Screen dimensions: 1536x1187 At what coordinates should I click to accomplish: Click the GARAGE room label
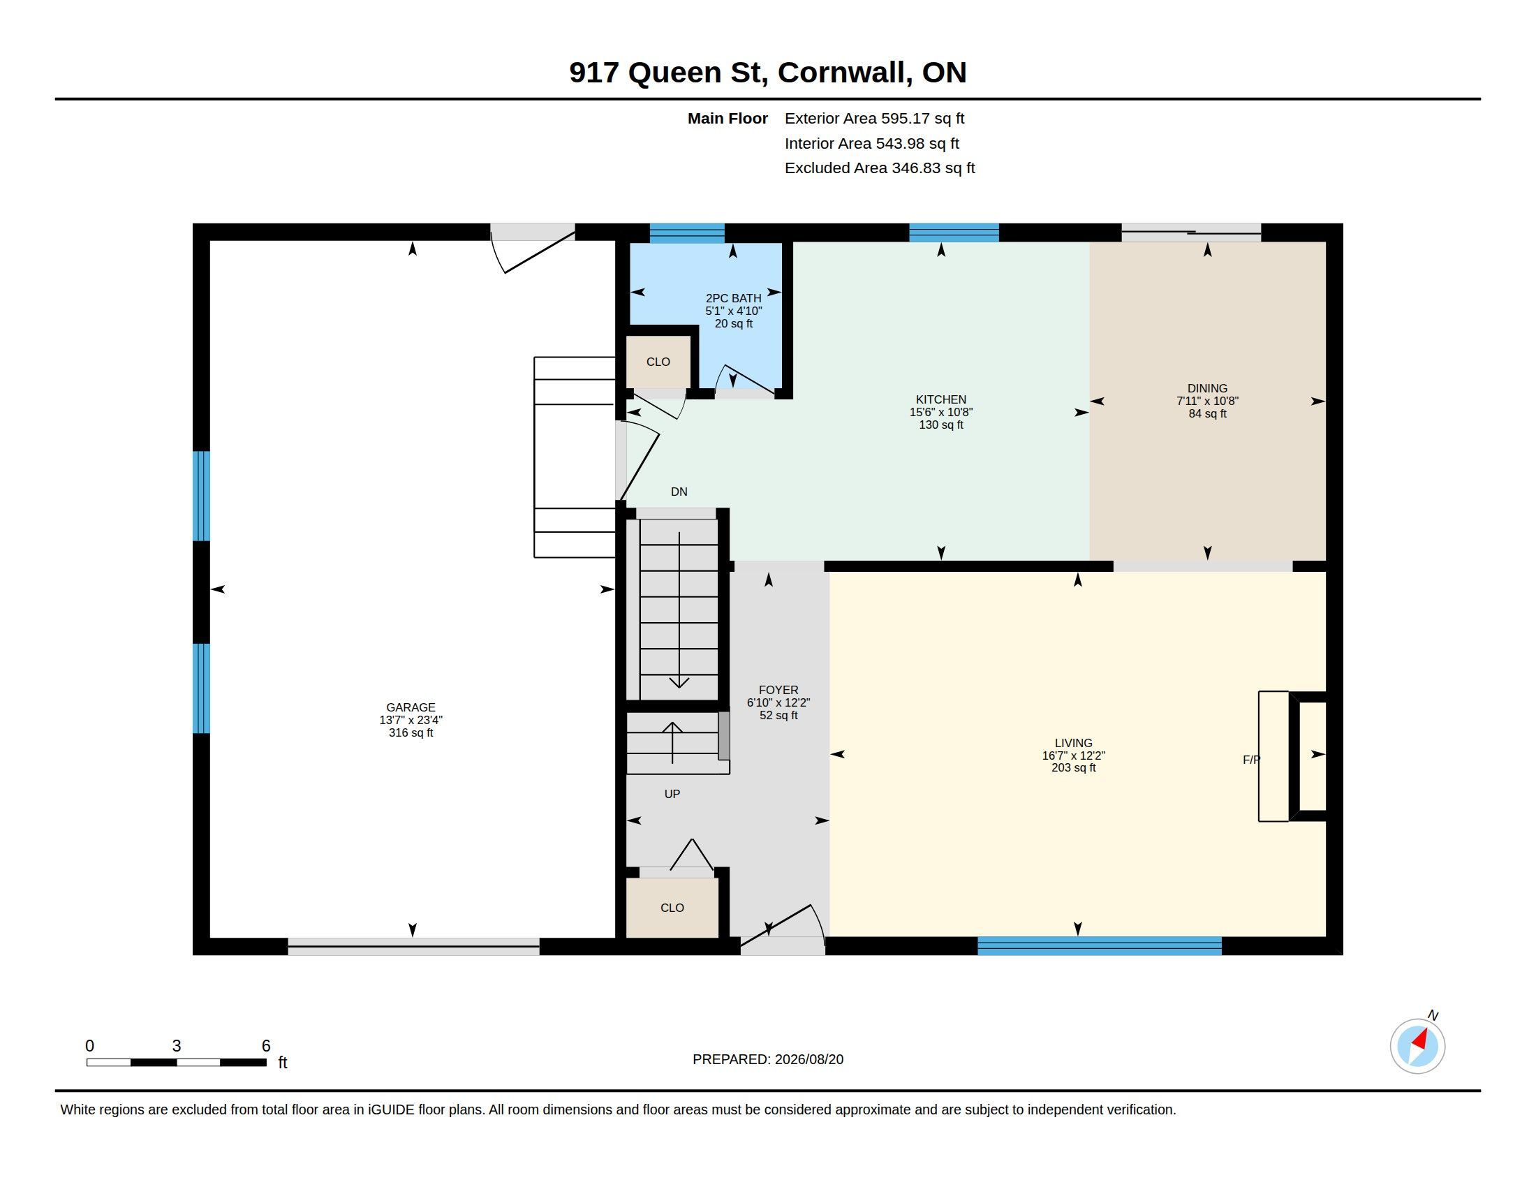[411, 707]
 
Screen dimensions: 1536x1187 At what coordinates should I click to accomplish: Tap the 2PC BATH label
[734, 298]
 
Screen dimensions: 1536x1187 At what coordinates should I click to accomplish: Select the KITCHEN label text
[941, 399]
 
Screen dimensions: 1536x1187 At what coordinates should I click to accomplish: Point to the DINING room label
[1208, 388]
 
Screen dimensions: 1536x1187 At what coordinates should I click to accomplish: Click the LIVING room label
[1073, 743]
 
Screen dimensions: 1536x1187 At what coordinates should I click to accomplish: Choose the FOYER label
[778, 690]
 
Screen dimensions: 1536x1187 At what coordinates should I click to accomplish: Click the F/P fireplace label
[1251, 760]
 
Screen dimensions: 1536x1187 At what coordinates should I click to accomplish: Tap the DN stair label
[679, 492]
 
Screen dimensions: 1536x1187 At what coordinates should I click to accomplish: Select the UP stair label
[672, 794]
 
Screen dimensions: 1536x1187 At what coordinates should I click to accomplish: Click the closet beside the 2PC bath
[658, 362]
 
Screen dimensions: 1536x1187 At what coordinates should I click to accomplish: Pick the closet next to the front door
[672, 907]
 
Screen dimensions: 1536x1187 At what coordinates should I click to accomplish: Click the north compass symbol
[1418, 1046]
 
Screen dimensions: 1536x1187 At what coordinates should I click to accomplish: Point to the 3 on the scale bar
[177, 1046]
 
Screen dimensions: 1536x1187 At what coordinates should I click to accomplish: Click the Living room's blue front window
[1099, 946]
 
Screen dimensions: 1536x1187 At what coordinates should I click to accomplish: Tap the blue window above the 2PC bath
[687, 233]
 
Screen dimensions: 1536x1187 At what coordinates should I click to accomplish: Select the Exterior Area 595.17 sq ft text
[874, 118]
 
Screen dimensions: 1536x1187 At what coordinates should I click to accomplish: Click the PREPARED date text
[768, 1059]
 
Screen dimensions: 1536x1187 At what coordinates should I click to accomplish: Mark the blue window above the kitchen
[954, 233]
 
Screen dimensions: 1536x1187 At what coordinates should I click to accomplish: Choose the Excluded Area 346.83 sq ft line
[880, 168]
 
